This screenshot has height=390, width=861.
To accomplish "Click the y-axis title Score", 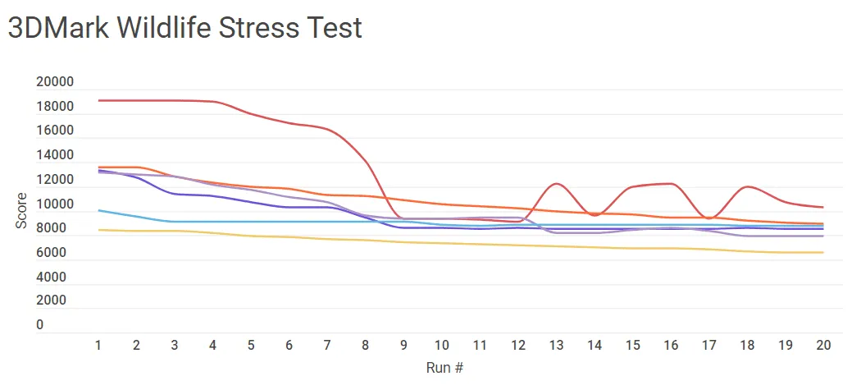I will (x=22, y=211).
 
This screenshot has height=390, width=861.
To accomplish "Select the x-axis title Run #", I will (x=445, y=367).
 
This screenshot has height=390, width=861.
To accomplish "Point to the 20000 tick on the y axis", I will (x=55, y=82).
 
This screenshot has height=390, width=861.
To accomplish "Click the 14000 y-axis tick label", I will (x=55, y=155).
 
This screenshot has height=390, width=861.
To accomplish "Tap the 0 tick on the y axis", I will (x=39, y=325).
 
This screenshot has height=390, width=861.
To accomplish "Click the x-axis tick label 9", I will (x=403, y=346).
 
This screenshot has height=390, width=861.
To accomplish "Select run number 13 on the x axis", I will (x=557, y=346).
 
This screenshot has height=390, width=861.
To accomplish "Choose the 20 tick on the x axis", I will (x=823, y=346).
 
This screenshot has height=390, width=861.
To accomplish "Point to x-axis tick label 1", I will (x=98, y=346).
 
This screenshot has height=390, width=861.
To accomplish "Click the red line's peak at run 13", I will (x=557, y=184).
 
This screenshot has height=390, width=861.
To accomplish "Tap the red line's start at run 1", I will (x=98, y=100).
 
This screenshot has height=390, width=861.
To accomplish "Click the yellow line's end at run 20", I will (x=823, y=253).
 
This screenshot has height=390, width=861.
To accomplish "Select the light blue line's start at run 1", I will (x=98, y=210).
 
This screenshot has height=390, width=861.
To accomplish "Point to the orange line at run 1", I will (x=98, y=167).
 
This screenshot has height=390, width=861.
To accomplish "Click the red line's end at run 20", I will (x=823, y=208).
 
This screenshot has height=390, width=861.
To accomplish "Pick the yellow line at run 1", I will (x=98, y=230).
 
